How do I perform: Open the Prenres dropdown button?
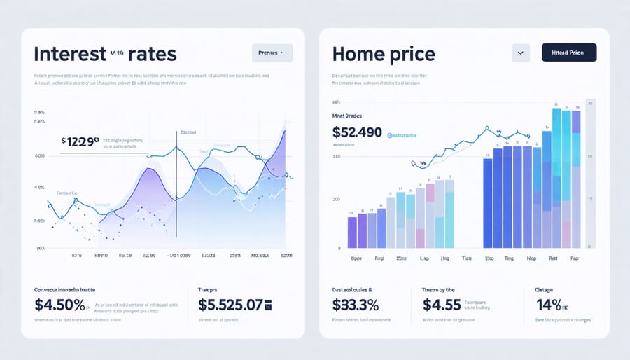pos(272,53)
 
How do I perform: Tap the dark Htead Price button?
pos(568,53)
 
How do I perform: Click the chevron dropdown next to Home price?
pos(520,53)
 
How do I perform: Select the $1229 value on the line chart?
pos(81,141)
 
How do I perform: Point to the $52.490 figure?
pos(357,132)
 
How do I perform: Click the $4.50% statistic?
pos(60,305)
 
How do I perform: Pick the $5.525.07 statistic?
pos(231,305)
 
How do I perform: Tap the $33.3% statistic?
pos(355,305)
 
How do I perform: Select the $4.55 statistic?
pos(442,305)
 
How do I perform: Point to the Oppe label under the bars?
pos(356,258)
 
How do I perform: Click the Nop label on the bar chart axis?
pos(531,258)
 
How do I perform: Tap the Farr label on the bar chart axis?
pos(575,258)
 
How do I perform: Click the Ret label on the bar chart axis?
pos(553,258)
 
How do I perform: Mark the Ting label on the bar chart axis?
pos(510,258)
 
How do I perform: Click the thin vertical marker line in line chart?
pos(176,189)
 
